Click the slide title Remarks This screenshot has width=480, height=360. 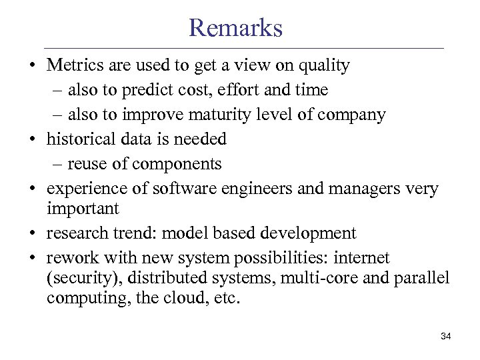pos(236,28)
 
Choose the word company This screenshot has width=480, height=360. pos(351,115)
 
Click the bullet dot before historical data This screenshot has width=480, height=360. pos(31,139)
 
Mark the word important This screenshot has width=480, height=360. pos(83,209)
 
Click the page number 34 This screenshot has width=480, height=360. pos(446,336)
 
